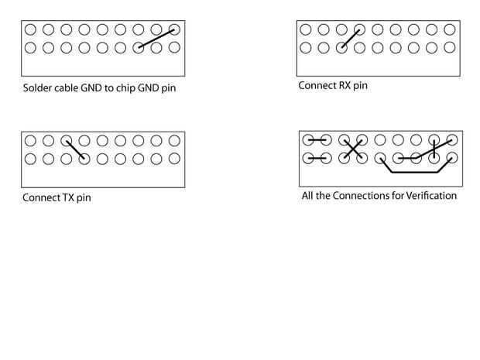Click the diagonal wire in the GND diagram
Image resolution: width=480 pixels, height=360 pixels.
[156, 39]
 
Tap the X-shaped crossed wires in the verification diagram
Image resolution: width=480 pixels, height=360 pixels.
[352, 149]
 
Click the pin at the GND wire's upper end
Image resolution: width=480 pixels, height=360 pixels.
[174, 30]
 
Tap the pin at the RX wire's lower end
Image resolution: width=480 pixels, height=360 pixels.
[341, 48]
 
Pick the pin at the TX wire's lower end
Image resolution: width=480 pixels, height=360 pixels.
[84, 159]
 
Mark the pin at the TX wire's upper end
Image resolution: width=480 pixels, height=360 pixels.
[67, 142]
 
